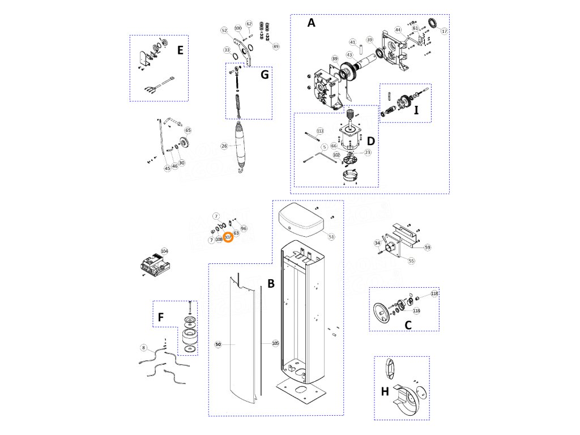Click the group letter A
tap(310, 23)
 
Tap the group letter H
tap(385, 391)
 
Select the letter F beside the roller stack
tap(161, 318)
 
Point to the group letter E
tap(180, 50)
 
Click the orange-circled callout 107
tap(228, 238)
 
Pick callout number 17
tap(444, 31)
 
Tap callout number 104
tap(164, 251)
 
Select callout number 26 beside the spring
tap(224, 146)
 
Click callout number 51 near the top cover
tap(331, 237)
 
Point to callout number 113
tap(320, 131)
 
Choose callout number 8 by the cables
tap(144, 347)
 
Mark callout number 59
tap(428, 247)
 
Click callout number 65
tap(188, 131)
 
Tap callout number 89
tap(276, 46)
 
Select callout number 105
tap(275, 343)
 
